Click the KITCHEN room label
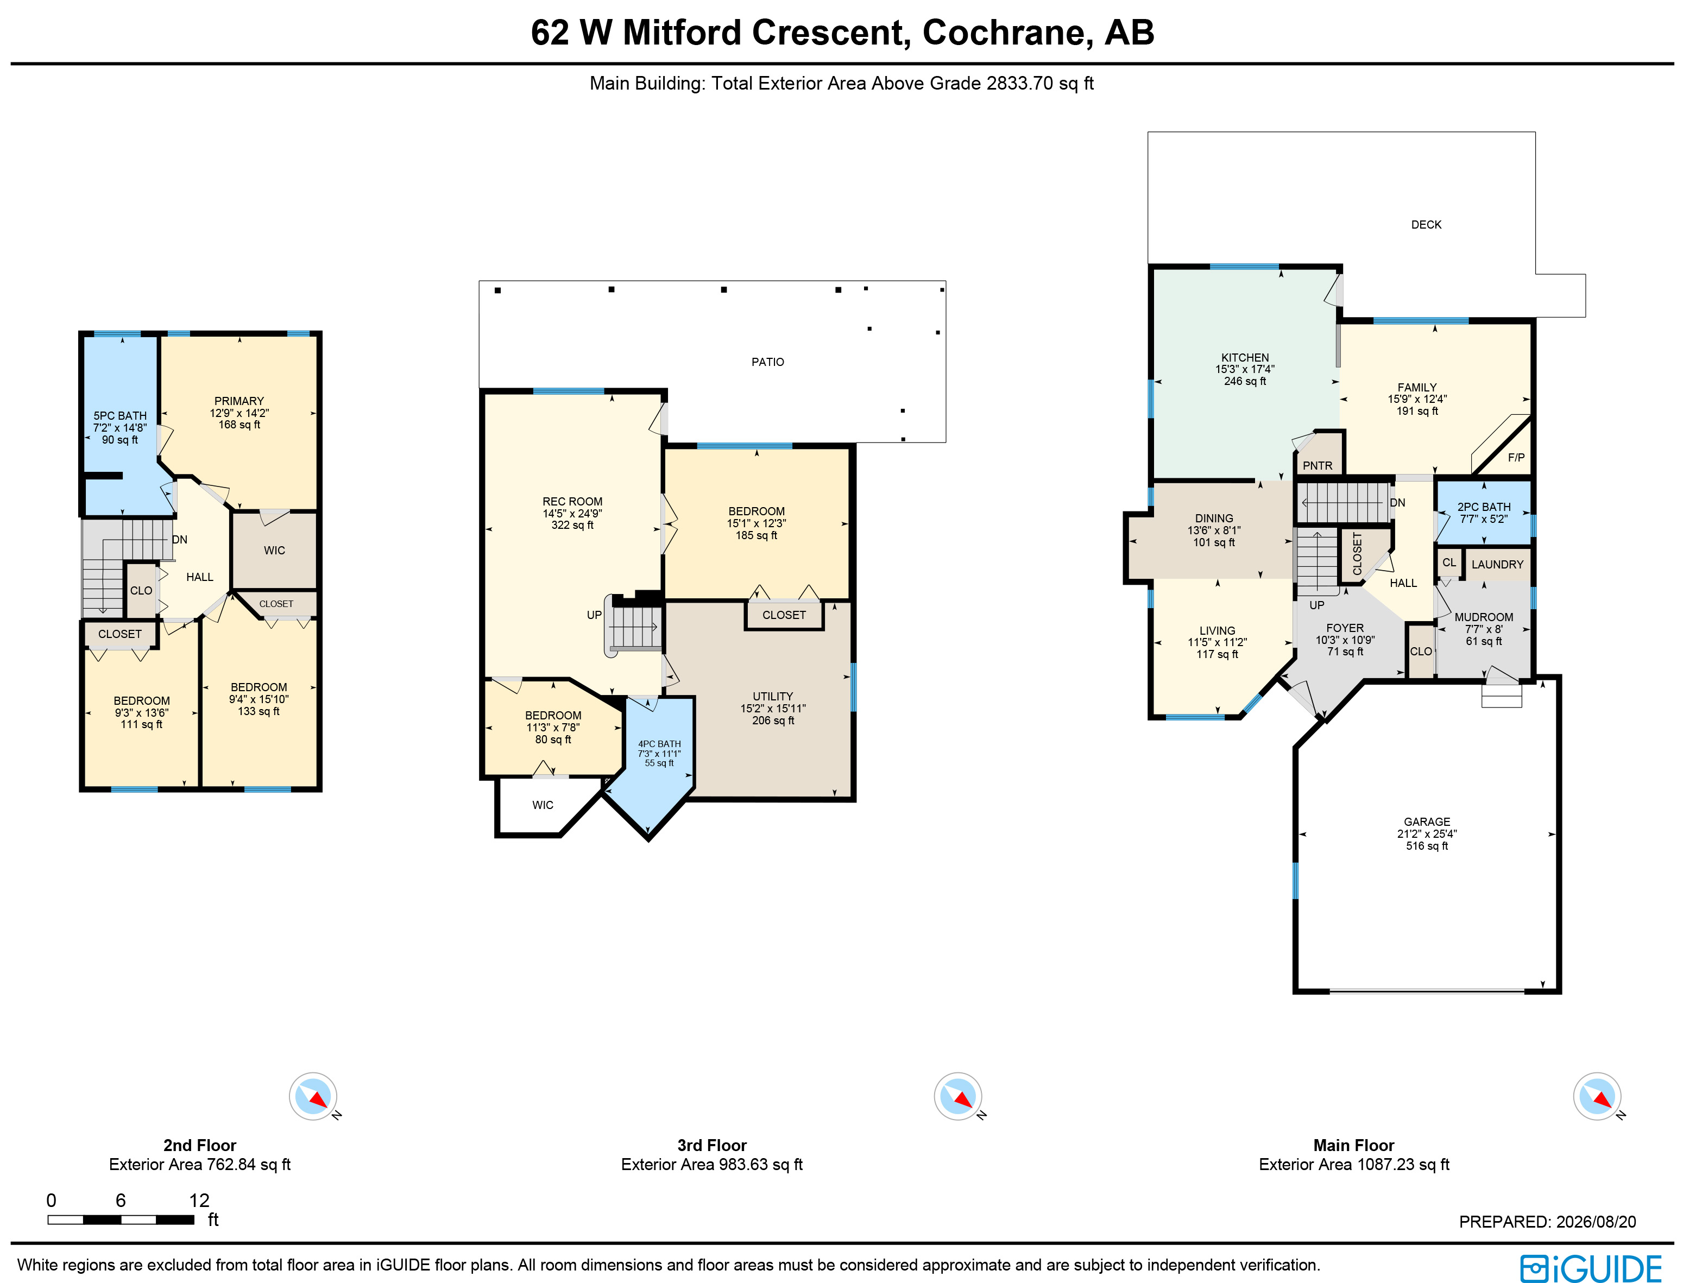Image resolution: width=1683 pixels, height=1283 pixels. click(1245, 357)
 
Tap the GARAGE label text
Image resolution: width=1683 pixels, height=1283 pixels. click(1426, 821)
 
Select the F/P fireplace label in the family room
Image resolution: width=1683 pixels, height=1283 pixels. click(1516, 458)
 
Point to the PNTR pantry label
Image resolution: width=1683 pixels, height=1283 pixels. click(1317, 466)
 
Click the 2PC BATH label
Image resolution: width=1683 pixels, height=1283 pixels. click(1484, 507)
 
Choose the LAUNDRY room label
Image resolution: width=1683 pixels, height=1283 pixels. click(1497, 564)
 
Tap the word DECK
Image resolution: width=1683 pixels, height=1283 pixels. click(1426, 225)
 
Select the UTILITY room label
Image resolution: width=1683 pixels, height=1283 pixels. click(772, 697)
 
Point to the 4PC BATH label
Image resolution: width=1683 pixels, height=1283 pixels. click(659, 744)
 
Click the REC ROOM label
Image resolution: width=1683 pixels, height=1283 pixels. click(572, 502)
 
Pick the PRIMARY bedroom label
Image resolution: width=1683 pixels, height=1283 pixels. click(239, 401)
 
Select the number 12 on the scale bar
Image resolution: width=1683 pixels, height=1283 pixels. click(199, 1200)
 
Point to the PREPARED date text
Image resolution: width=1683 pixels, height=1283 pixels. click(1548, 1222)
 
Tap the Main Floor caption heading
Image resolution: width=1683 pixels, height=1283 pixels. click(1354, 1146)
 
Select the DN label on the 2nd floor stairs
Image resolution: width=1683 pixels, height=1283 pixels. click(180, 540)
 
